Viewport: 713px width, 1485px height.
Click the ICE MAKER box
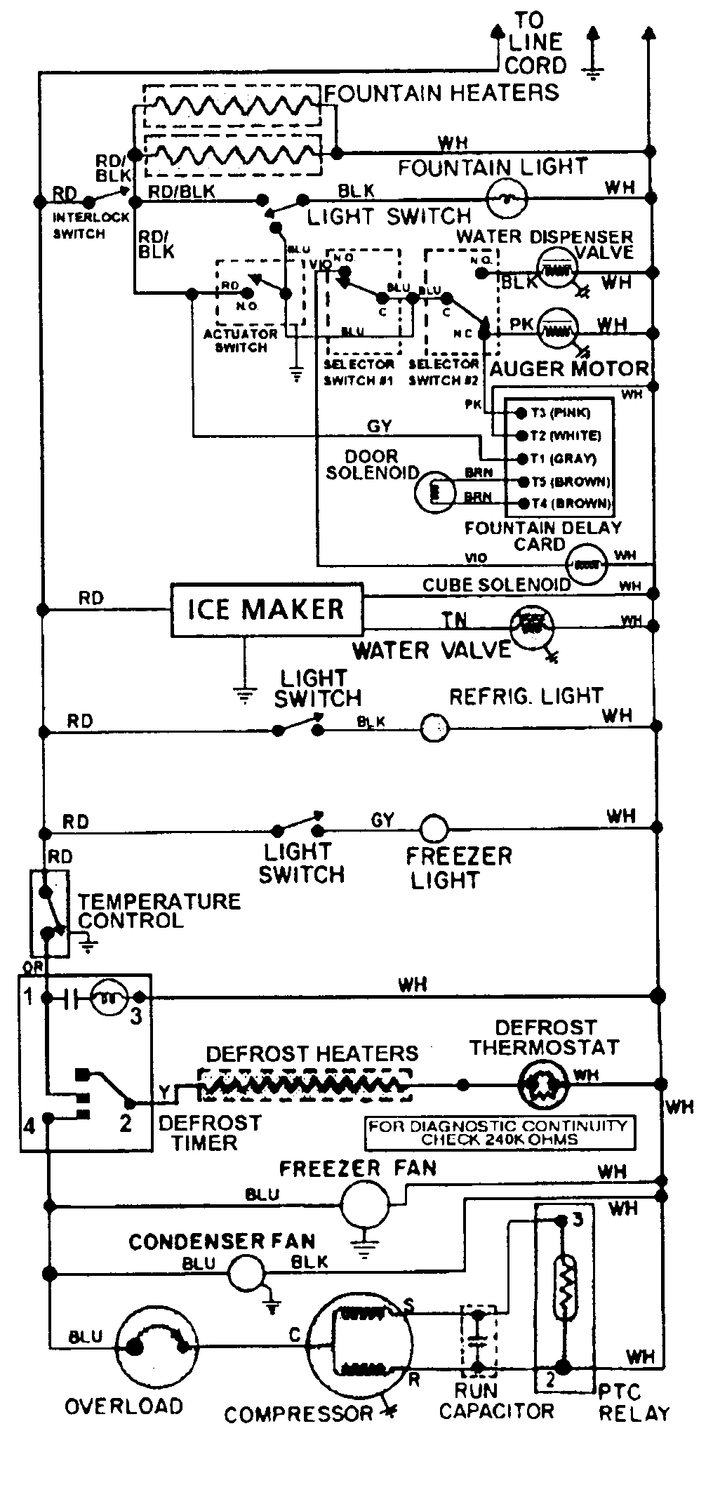(267, 609)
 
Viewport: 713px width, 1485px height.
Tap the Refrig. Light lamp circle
(434, 728)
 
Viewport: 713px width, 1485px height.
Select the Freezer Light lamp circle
(434, 828)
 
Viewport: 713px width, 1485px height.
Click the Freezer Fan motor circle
(364, 1204)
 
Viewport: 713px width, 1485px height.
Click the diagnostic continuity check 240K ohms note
(499, 1132)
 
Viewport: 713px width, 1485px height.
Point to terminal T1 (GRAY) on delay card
(522, 458)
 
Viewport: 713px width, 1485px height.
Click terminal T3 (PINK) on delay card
(522, 413)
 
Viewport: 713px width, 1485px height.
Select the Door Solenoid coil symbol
(433, 492)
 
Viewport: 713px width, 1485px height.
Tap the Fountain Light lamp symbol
(507, 199)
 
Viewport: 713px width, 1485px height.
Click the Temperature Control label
(159, 910)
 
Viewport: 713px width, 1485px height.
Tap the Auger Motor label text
(568, 368)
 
